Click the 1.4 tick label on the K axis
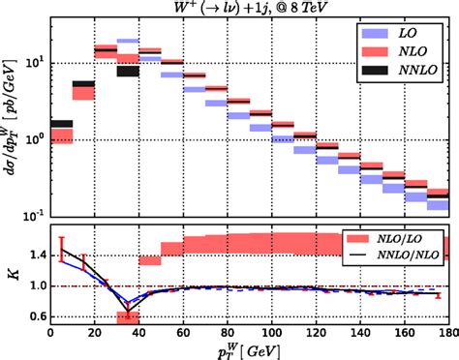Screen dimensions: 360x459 coord(34,255)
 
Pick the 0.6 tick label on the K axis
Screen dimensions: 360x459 coord(34,316)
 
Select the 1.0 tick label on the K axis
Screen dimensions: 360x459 coord(34,286)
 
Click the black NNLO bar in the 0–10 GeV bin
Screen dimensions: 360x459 coord(61,124)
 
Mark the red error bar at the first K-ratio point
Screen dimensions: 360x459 coord(62,249)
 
